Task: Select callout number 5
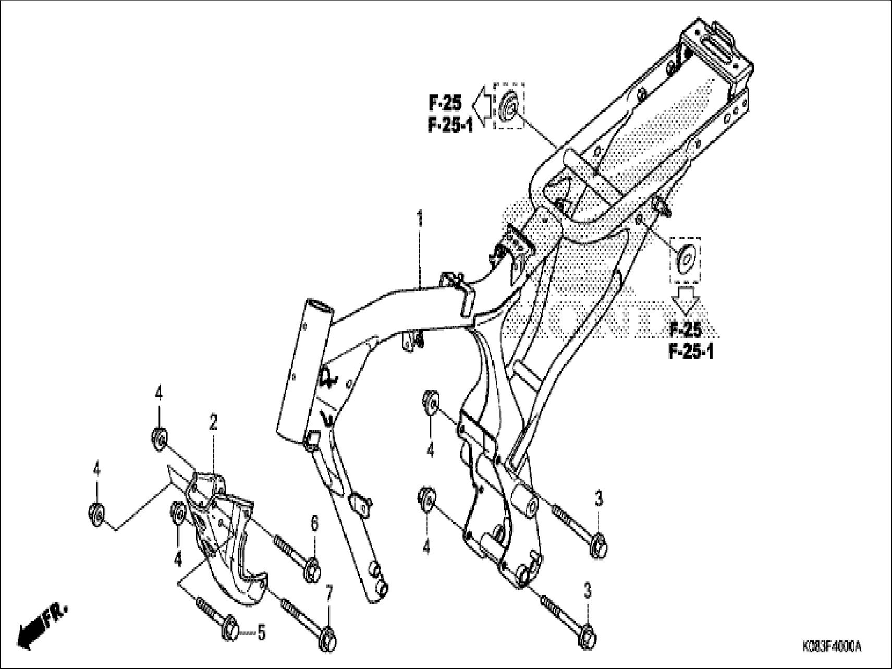261,633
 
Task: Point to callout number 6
314,523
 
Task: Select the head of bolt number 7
327,637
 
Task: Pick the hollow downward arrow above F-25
685,300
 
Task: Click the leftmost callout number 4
96,470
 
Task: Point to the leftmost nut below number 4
97,512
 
